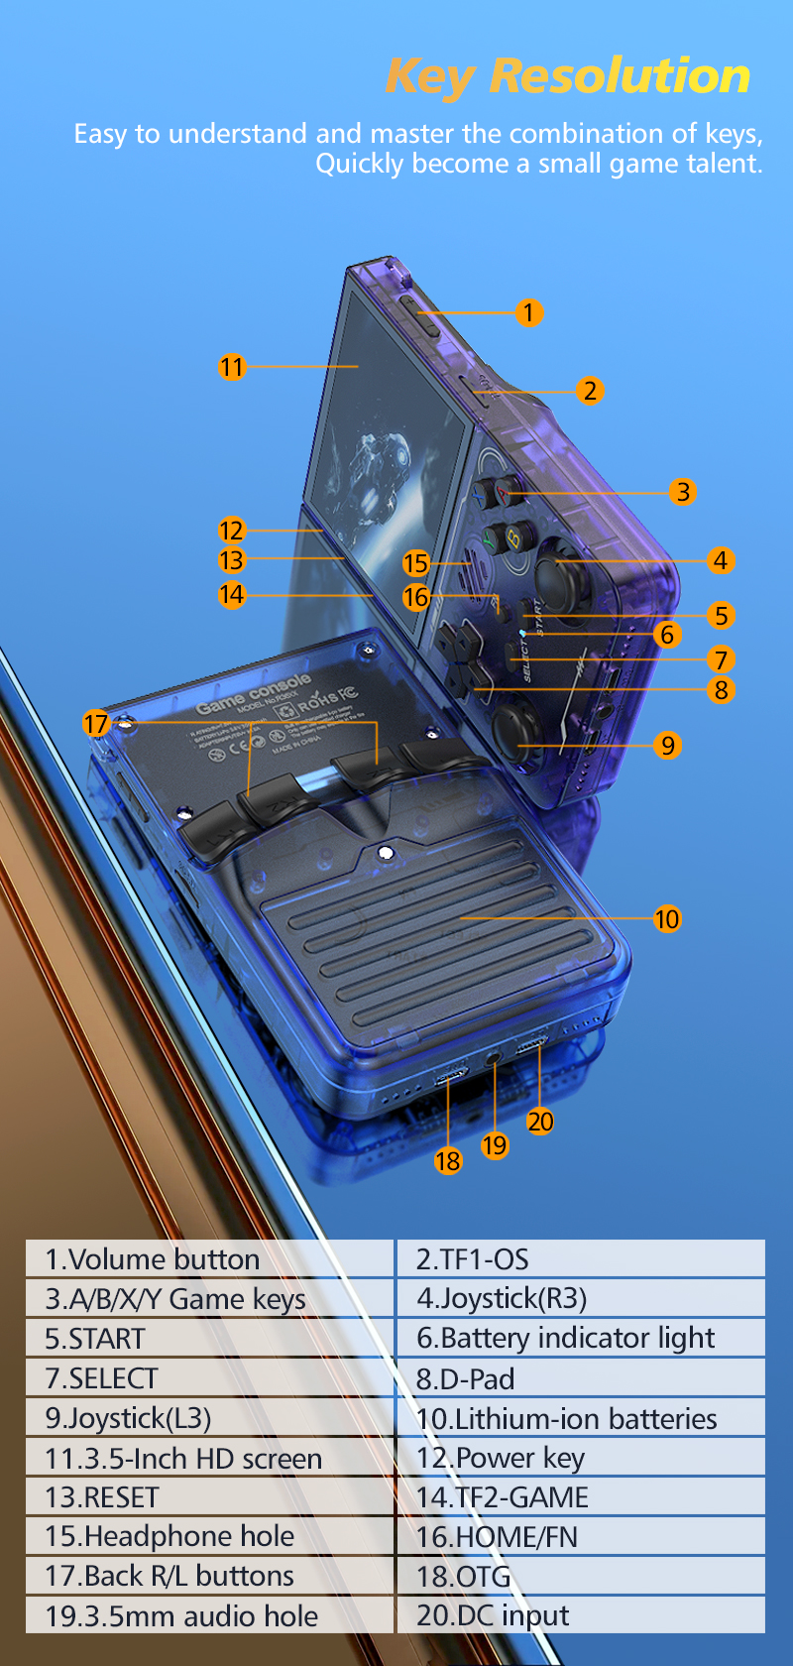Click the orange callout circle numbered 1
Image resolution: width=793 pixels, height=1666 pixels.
coord(528,313)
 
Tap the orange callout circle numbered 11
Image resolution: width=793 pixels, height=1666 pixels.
coord(231,367)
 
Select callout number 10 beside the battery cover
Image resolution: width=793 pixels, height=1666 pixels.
coord(667,919)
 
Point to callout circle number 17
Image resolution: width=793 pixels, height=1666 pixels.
coord(95,723)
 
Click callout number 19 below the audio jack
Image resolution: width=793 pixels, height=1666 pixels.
coord(495,1145)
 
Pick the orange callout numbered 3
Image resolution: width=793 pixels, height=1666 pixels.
coord(682,492)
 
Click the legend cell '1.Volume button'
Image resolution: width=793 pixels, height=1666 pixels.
coord(209,1259)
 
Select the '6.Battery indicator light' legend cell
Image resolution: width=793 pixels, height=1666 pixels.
coord(581,1339)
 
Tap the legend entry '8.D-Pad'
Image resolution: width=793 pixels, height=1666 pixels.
coord(581,1378)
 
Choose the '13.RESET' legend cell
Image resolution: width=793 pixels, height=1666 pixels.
coord(209,1497)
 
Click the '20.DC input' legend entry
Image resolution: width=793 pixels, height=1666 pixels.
coord(581,1615)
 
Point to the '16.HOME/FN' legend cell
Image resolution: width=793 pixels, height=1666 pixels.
coord(581,1537)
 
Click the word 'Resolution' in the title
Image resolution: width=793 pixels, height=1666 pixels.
coord(620,76)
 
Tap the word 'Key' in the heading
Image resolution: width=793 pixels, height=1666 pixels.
coord(429,77)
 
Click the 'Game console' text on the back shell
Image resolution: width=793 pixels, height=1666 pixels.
coord(254,692)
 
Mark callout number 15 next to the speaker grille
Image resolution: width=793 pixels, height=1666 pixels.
coord(415,563)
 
